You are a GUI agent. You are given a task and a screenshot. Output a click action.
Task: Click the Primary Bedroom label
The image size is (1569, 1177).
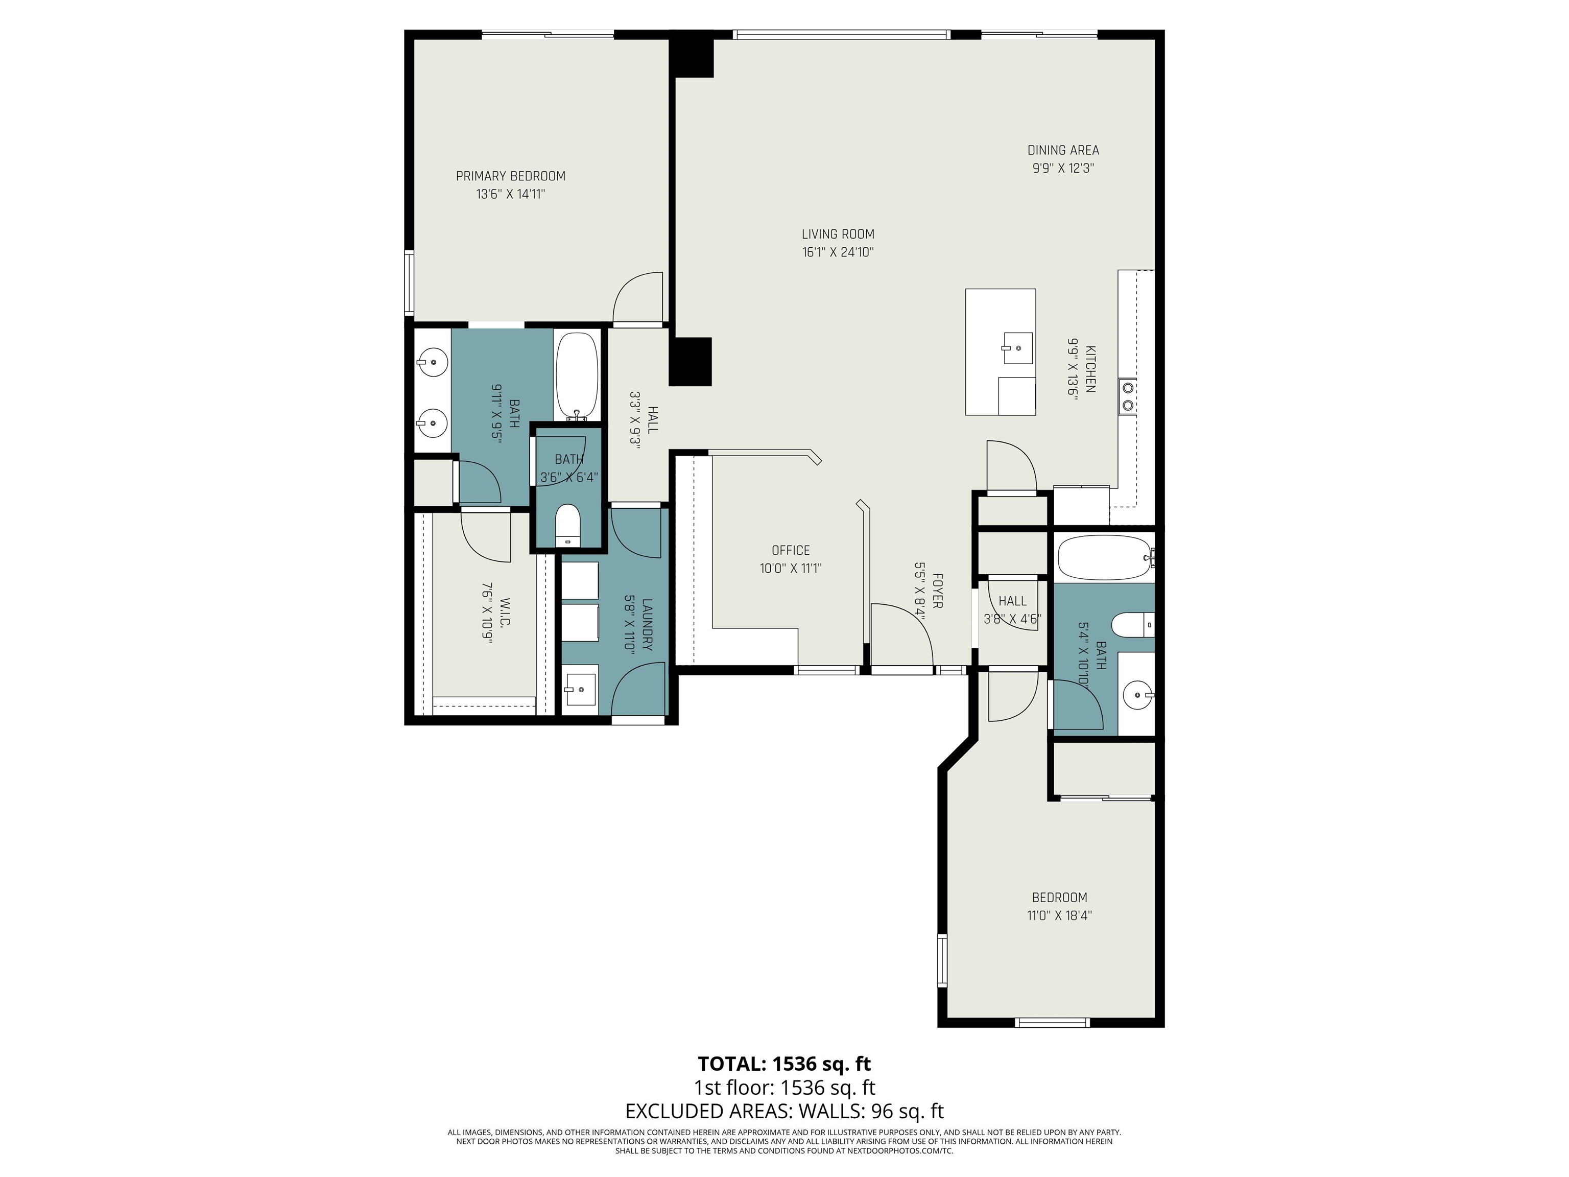coord(510,176)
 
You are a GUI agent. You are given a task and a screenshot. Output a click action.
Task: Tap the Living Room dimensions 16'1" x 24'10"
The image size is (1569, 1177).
coord(838,252)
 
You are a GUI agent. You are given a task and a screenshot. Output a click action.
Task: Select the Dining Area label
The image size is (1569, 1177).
coord(1062,150)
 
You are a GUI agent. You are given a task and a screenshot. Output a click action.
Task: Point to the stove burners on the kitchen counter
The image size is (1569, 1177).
coord(1126,397)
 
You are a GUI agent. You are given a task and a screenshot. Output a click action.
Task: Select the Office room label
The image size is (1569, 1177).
coord(790,551)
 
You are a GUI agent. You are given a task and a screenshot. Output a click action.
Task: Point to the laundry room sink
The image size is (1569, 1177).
coord(580,688)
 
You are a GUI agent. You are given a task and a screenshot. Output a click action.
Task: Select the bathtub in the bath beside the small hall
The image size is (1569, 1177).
coord(1102,558)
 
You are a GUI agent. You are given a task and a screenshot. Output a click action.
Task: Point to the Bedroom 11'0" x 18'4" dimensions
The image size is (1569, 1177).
coord(1059,916)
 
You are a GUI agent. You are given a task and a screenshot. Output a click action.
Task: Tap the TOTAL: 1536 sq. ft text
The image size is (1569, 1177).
coord(784,1064)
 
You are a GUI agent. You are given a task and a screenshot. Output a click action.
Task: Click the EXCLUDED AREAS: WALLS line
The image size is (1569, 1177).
coord(784,1111)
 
